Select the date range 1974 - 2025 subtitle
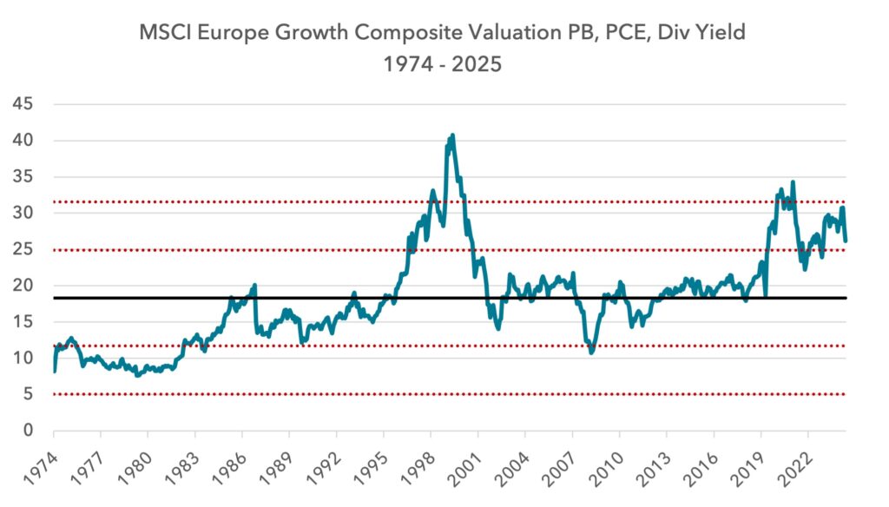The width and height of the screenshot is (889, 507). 442,64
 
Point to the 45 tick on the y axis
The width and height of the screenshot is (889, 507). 23,104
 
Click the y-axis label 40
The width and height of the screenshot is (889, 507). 23,141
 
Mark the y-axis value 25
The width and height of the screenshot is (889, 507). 23,249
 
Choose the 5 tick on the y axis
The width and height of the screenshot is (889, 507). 28,394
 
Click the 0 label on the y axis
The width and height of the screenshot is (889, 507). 28,431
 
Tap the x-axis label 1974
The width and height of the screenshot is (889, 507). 41,467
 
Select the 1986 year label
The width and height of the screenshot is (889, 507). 229,467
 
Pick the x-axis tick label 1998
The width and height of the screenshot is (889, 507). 418,467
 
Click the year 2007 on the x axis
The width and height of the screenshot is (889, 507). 559,467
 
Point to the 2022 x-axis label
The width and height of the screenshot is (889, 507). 795,467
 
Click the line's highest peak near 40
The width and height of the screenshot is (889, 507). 451,135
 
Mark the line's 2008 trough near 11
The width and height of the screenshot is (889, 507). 591,352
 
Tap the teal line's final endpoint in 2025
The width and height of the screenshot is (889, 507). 846,241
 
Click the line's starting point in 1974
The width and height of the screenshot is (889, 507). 55,372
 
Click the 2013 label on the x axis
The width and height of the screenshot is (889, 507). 654,467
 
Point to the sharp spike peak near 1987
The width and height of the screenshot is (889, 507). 254,285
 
